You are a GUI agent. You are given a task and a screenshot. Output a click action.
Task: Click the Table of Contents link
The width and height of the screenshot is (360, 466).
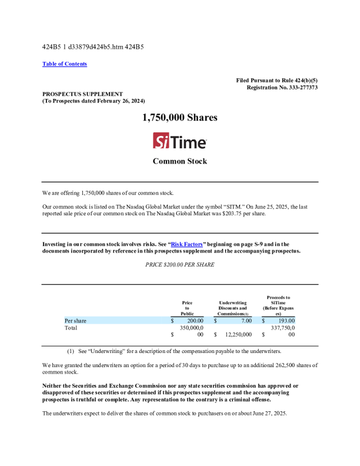coord(65,64)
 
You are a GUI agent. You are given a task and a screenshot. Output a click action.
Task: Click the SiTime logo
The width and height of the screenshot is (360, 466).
coord(180,141)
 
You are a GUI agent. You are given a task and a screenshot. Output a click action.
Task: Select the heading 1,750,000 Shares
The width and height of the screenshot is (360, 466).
coord(180,118)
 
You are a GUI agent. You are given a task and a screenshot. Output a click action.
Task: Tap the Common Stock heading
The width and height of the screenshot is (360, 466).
coord(180,161)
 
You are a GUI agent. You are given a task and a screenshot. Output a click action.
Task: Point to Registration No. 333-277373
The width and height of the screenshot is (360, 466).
coord(282,87)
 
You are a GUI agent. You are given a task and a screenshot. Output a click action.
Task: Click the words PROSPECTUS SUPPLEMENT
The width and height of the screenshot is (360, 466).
coord(82,94)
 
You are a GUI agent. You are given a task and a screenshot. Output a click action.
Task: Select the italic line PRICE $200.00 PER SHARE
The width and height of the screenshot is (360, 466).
coord(180,265)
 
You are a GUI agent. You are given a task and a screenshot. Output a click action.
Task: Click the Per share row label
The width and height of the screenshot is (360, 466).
coord(75,321)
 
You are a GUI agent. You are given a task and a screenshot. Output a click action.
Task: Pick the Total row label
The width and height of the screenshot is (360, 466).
coord(71,328)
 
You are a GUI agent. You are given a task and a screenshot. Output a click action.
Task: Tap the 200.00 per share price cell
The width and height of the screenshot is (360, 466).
coord(195,321)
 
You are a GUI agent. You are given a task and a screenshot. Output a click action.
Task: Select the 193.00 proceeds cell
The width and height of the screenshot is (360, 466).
coord(286,321)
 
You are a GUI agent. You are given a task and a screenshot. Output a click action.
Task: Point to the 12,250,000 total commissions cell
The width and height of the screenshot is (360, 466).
coord(239,334)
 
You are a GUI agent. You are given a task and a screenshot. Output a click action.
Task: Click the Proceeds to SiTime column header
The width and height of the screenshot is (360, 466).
coord(278,305)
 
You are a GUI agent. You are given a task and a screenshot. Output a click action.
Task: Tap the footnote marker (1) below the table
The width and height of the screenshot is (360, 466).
coord(70,351)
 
